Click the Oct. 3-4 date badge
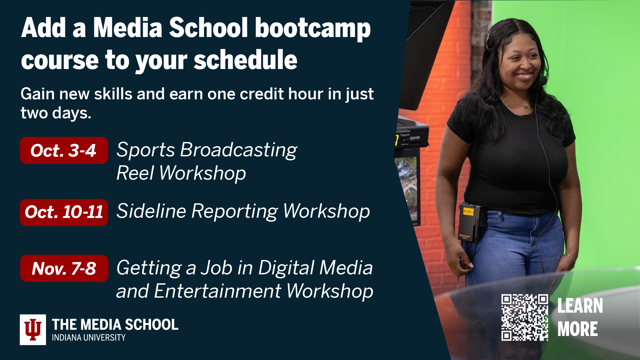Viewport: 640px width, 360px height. (x=64, y=151)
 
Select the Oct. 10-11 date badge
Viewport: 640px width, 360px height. (x=64, y=212)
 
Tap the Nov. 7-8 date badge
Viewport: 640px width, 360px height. (x=64, y=268)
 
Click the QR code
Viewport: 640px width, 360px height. (x=524, y=317)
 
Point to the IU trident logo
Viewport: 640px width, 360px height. (x=33, y=330)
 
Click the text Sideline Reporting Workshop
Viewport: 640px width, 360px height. (x=243, y=211)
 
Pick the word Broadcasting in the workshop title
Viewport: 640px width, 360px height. (x=238, y=150)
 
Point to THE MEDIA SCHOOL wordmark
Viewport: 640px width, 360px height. (x=115, y=325)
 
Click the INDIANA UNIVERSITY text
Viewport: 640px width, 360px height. (x=89, y=338)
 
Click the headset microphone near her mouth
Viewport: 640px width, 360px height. (x=543, y=80)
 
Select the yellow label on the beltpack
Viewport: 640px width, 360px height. (x=468, y=211)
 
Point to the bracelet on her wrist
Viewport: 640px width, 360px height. (x=570, y=257)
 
